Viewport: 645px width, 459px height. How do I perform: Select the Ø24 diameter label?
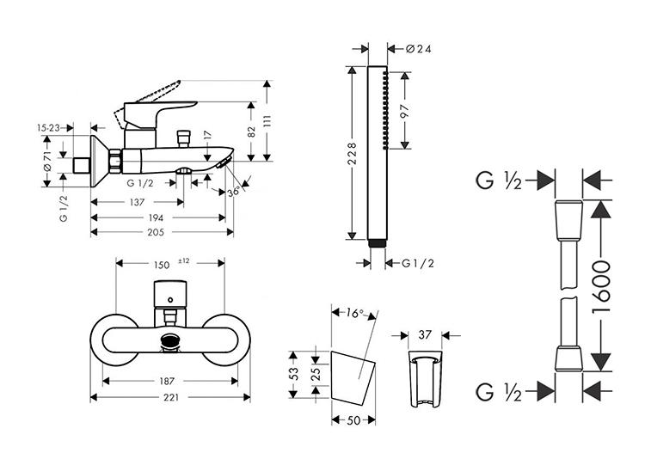417,49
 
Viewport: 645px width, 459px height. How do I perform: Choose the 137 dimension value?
136,203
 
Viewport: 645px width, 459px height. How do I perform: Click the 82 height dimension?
251,131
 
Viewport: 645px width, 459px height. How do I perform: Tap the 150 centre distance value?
162,265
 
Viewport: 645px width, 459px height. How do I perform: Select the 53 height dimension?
293,373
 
